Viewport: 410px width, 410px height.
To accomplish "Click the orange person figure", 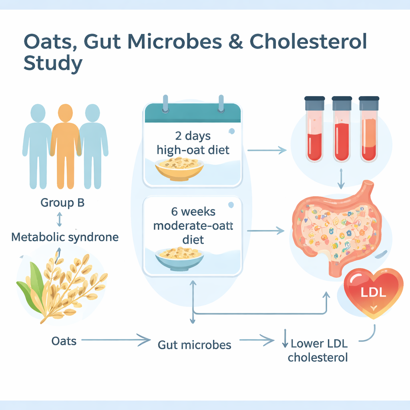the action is [65, 147].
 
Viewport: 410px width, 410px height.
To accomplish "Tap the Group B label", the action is [62, 203].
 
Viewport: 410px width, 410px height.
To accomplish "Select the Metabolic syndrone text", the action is [65, 237].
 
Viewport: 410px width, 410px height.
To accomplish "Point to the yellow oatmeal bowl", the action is [179, 169].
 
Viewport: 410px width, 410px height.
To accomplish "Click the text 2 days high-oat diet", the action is [193, 143].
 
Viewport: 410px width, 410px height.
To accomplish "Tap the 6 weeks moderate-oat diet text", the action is [193, 225].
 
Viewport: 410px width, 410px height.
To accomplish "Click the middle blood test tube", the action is [342, 129].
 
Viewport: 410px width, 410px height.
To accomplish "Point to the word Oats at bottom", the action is [64, 341].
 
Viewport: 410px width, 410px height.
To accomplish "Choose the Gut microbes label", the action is [194, 345].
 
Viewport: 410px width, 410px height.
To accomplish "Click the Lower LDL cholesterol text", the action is [318, 350].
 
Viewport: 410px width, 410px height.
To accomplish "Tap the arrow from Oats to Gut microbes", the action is [116, 340].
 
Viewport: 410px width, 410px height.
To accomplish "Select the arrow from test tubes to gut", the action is [341, 179].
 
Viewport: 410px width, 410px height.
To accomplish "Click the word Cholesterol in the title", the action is [309, 42].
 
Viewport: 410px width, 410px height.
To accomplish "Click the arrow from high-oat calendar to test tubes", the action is [267, 151].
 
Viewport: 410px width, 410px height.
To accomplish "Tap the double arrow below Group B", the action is [59, 219].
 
